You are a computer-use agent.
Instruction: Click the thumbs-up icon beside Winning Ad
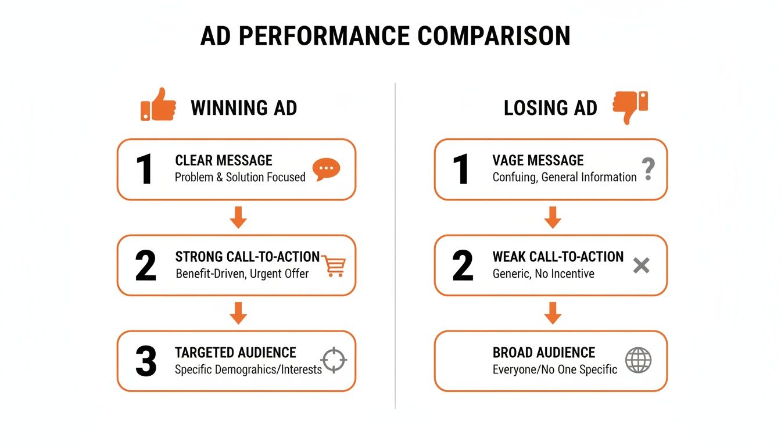coord(158,105)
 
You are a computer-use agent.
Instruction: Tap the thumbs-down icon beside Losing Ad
coord(630,107)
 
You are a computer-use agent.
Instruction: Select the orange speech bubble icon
coord(326,169)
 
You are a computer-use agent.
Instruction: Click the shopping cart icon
coord(334,265)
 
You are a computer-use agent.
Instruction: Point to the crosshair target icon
coord(334,360)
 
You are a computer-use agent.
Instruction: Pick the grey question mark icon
coord(649,169)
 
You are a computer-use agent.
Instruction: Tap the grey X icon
coord(641,266)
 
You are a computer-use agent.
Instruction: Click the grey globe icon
coord(638,361)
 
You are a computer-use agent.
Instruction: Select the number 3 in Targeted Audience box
coord(146,361)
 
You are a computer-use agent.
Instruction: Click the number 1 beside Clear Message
coord(144,170)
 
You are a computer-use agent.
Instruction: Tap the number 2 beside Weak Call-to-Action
coord(463,266)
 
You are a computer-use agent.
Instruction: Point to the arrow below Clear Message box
coord(238,218)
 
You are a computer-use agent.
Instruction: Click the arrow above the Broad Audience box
coord(553,314)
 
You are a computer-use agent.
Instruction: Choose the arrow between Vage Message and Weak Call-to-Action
coord(553,218)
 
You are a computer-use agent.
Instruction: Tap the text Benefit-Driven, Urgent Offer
coord(242,274)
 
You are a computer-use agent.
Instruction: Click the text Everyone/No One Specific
coord(555,369)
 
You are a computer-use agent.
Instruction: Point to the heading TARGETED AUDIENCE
coord(235,353)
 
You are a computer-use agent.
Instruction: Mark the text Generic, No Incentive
coord(543,274)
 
